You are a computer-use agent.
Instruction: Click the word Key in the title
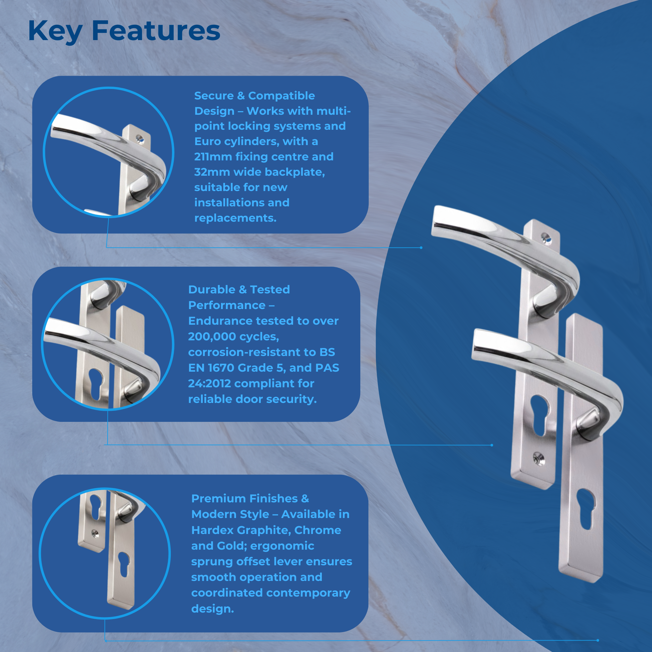[x=55, y=31]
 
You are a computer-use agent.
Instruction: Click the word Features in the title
[x=156, y=31]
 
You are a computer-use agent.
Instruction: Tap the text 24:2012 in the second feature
[x=209, y=383]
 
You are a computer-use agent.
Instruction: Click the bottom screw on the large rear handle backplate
[x=538, y=459]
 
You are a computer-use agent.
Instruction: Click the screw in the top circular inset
[x=140, y=139]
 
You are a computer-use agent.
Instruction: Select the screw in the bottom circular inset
[x=95, y=534]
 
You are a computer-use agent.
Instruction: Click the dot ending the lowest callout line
[x=598, y=640]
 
